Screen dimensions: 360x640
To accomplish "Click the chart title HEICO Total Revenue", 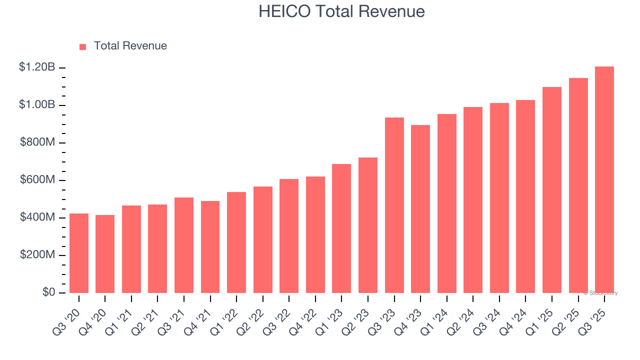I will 341,11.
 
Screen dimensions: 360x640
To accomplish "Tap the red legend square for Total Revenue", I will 83,46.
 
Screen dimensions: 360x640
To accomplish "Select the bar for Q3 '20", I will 79,253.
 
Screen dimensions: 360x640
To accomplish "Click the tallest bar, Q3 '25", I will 604,180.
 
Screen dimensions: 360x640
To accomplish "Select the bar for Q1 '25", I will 551,190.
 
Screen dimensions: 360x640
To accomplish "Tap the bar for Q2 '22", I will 262,239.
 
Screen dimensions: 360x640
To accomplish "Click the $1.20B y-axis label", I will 37,67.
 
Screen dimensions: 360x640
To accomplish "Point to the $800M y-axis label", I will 37,142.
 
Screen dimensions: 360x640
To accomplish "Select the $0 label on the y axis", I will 48,292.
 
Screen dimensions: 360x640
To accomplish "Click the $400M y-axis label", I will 37,217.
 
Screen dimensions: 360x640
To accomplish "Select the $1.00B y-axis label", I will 37,105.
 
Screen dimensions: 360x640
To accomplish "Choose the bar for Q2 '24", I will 473,200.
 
